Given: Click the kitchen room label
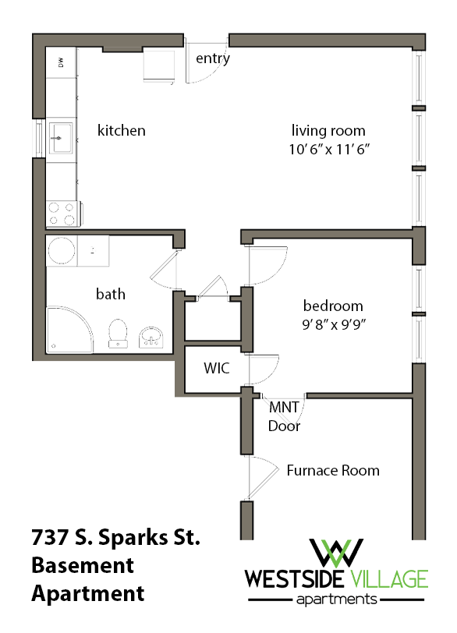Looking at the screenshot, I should [x=121, y=130].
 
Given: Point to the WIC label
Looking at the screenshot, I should [x=216, y=368].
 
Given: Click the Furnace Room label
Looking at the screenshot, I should [x=333, y=470].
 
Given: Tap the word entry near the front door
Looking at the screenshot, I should [x=212, y=58].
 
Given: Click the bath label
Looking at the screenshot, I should [x=110, y=294].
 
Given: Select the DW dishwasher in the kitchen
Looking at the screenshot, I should [x=61, y=62].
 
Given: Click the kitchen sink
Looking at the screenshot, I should [x=61, y=140].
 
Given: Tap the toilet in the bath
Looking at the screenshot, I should [x=119, y=331].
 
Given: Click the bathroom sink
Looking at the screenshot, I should [x=151, y=336].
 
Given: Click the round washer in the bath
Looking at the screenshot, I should [x=62, y=251].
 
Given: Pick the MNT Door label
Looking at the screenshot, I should [x=284, y=416].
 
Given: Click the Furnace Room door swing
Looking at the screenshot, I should [x=263, y=475].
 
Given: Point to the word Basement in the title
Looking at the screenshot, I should [x=83, y=564].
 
